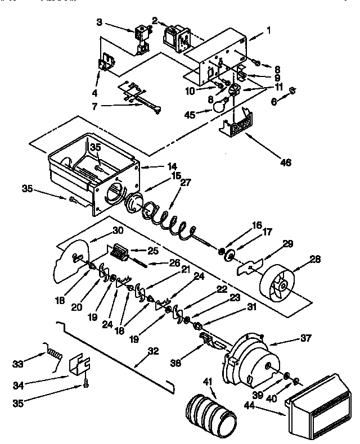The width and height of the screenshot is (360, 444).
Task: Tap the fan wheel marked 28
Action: click(x=279, y=283)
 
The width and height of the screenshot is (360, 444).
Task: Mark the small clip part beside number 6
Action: click(x=292, y=90)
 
